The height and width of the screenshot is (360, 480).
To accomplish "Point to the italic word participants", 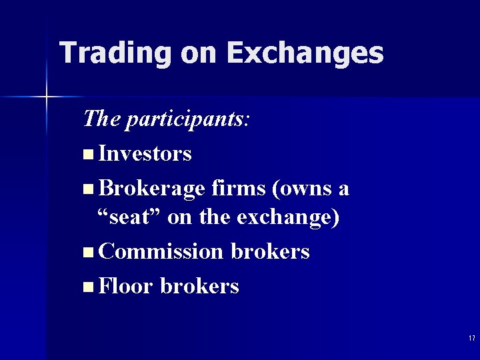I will (x=184, y=120).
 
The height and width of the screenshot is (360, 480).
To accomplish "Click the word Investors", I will (x=145, y=154).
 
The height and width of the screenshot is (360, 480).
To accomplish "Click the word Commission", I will (x=161, y=252).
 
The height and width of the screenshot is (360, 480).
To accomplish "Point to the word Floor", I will (x=126, y=287).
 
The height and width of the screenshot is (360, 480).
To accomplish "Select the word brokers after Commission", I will (x=270, y=252).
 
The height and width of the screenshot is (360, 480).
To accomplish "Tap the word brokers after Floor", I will (x=199, y=287).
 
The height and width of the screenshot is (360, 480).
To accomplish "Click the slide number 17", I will (x=471, y=339).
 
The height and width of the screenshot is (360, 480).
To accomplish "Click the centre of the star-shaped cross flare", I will (x=47, y=97).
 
